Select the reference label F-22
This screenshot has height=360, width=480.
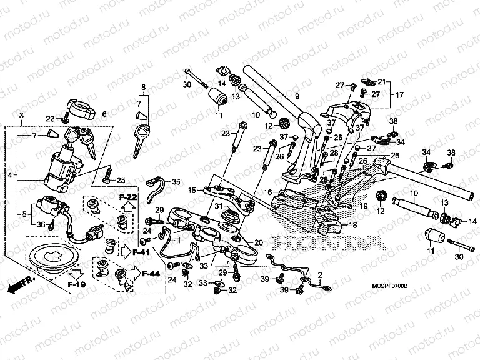click(x=127, y=197)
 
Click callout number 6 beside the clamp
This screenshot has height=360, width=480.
click(x=104, y=114)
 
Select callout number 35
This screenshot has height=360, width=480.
click(x=176, y=182)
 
